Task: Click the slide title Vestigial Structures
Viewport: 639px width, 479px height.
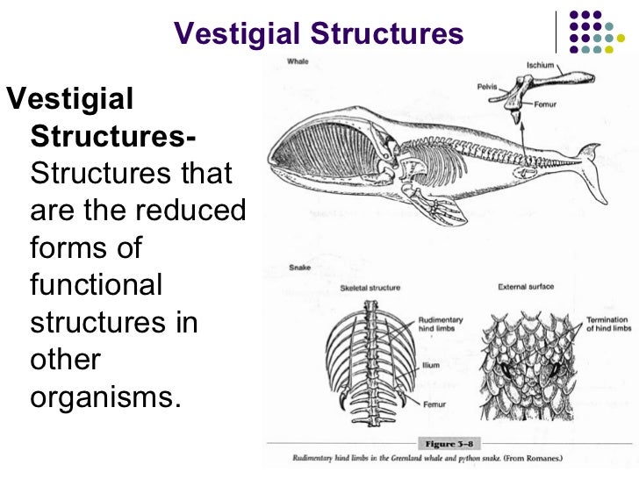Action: (319, 34)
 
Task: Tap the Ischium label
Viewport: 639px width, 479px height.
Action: (539, 66)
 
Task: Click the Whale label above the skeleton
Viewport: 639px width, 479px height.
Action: (297, 61)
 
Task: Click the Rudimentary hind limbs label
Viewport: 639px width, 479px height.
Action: (440, 325)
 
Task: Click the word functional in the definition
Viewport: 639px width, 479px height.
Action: (97, 284)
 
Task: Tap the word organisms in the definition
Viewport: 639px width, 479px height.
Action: (104, 397)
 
